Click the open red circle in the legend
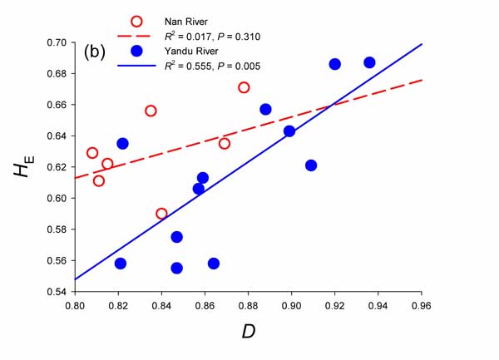tap(138, 20)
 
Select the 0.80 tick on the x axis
tap(75, 305)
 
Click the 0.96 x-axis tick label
tap(422, 305)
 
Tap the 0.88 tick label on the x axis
tap(248, 305)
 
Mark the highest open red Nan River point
tap(244, 87)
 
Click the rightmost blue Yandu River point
tap(369, 62)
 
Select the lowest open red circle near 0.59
tap(161, 214)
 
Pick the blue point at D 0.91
tap(311, 165)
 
